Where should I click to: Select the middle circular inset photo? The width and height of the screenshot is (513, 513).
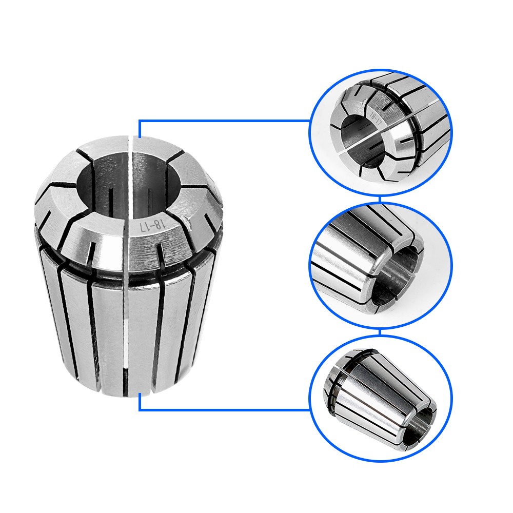click(381, 265)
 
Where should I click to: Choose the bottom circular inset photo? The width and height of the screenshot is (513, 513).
click(381, 398)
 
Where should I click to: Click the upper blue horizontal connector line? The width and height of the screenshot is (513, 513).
click(226, 121)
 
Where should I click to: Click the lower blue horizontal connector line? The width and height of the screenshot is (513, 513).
click(226, 410)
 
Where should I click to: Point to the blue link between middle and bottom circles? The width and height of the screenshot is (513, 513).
click(380, 332)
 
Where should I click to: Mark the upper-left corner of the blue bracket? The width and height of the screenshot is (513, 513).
click(140, 122)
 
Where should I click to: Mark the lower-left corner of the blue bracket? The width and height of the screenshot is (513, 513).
click(140, 409)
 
